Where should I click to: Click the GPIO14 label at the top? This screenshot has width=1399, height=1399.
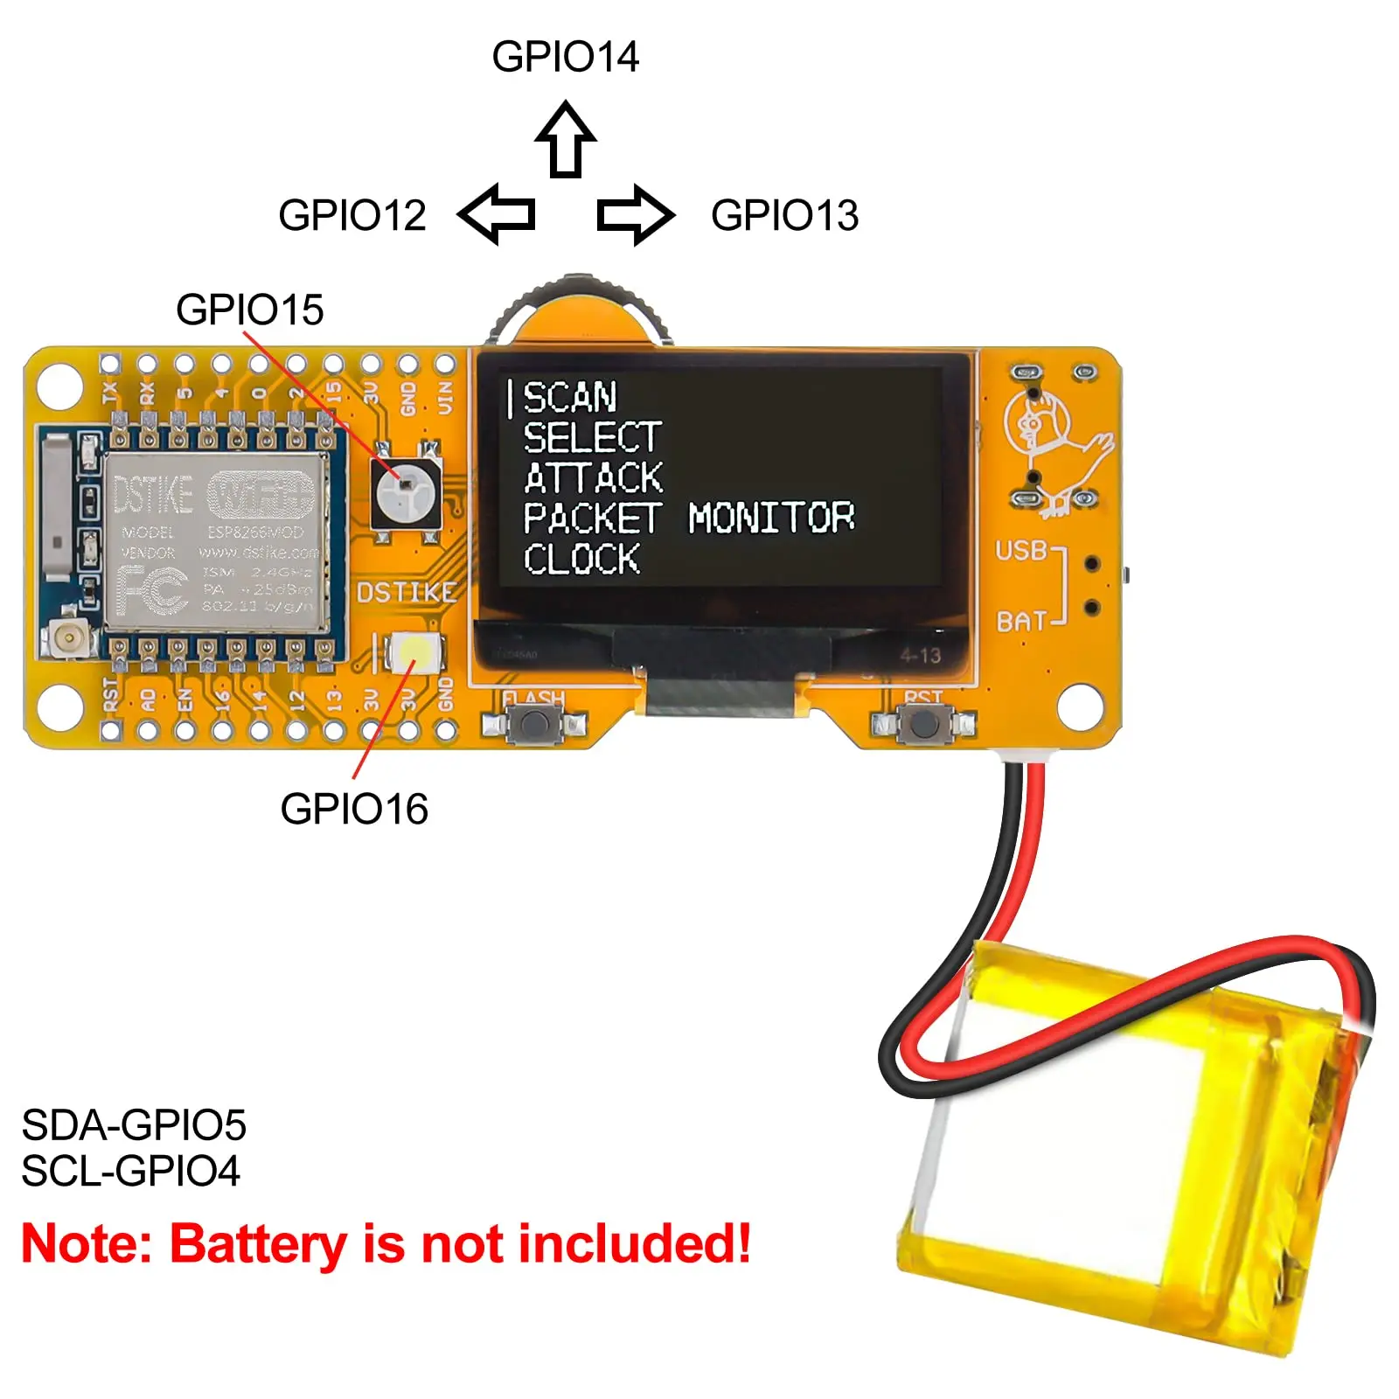tap(565, 57)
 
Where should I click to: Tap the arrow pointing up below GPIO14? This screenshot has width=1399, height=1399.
tap(566, 139)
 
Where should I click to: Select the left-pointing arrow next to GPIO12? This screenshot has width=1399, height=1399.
tap(496, 213)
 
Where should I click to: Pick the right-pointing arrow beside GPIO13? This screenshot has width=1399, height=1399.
tap(636, 214)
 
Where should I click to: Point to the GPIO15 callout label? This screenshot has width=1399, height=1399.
tap(249, 310)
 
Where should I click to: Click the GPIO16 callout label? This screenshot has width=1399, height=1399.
tap(354, 809)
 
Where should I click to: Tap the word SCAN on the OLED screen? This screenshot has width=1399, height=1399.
tap(570, 398)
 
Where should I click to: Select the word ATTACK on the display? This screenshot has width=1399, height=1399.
tap(594, 478)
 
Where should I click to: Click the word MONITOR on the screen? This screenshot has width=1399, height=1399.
tap(771, 518)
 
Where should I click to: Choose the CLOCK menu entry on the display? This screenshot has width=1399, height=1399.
tap(582, 559)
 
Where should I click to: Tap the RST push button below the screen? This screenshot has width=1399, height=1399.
tap(923, 723)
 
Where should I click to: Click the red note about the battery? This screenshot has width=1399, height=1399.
tap(386, 1243)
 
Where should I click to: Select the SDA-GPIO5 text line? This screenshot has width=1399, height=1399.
tap(134, 1125)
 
